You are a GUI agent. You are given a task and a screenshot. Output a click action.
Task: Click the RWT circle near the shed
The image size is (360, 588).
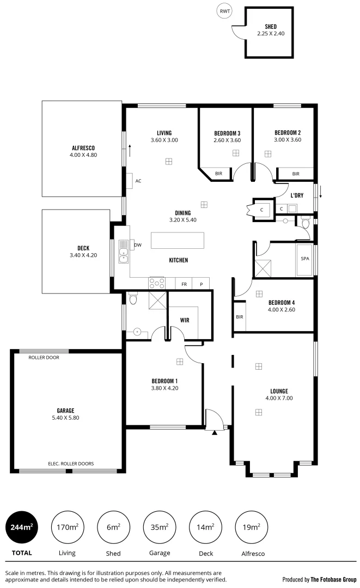point(224,11)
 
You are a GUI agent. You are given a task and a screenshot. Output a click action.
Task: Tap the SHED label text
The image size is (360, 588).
point(271,27)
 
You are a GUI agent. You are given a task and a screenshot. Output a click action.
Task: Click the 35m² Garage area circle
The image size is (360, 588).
point(160,526)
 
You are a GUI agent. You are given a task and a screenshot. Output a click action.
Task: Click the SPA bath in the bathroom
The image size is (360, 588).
point(304,258)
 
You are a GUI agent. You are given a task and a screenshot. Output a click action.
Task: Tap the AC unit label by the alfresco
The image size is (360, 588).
point(138,181)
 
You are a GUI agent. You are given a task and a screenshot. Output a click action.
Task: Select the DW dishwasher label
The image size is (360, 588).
point(138,245)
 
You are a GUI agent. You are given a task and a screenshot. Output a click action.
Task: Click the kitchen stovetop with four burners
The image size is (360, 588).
point(157,283)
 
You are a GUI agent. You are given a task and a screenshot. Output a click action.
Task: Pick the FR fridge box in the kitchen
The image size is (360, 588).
point(184,284)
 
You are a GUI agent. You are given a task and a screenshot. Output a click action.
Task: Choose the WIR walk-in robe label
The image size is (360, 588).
point(184,321)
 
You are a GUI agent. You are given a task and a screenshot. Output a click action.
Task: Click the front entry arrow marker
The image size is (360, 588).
point(215,432)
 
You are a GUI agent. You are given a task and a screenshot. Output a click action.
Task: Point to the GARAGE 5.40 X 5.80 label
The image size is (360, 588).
point(65,414)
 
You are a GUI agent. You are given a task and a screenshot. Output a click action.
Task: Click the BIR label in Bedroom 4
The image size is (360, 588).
point(239,316)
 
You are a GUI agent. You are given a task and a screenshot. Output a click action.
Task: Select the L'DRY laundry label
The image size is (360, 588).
point(297,195)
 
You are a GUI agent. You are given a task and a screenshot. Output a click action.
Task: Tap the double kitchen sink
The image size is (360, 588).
point(124,252)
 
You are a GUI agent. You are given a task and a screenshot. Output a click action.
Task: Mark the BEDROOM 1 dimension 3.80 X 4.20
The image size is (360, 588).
point(165,388)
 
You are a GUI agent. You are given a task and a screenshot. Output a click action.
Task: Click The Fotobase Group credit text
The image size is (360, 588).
point(333,579)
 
